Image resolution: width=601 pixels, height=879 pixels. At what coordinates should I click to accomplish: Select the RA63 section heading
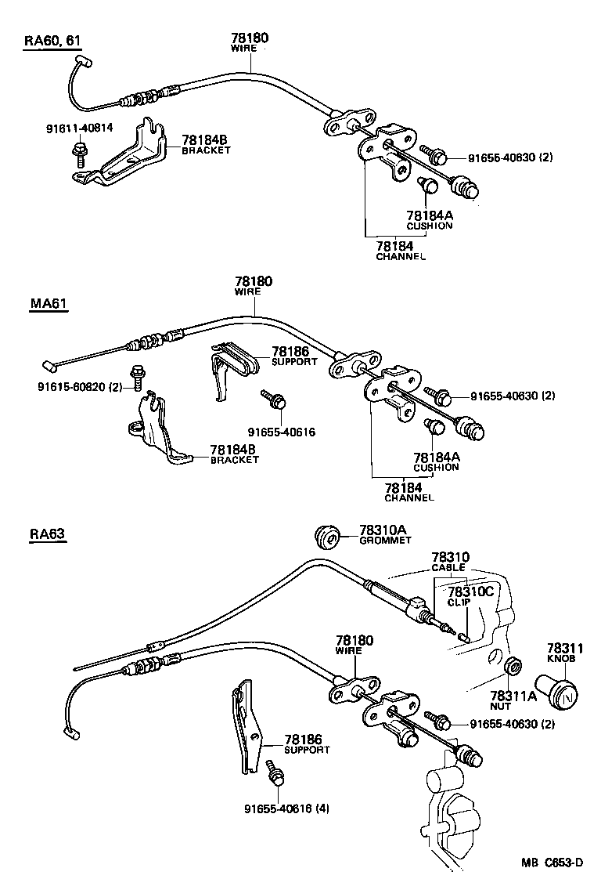(x=48, y=534)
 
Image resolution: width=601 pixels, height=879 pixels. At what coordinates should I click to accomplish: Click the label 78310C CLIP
(x=470, y=596)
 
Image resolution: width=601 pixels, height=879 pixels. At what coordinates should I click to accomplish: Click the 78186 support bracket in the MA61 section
(x=233, y=368)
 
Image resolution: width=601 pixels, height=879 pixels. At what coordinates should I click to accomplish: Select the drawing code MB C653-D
(x=552, y=863)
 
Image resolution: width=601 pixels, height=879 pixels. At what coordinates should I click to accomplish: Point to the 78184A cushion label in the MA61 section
(x=436, y=461)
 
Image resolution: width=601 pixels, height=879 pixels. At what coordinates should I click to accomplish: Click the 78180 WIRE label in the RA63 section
(x=354, y=645)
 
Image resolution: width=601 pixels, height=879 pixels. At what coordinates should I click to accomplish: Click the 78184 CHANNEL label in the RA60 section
(x=400, y=251)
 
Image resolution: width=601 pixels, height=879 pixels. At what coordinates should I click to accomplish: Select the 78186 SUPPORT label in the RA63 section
(x=306, y=743)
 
